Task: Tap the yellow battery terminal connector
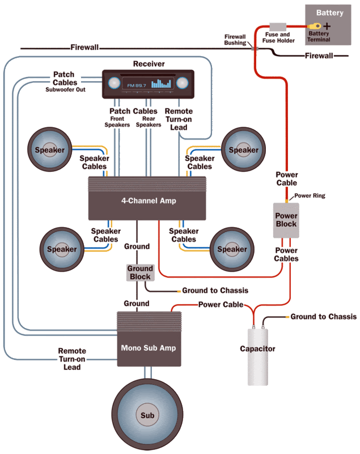pyautogui.click(x=314, y=26)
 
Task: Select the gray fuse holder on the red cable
pyautogui.click(x=278, y=27)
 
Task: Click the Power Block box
pyautogui.click(x=286, y=220)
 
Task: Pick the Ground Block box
pyautogui.click(x=139, y=272)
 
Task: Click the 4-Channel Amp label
pyautogui.click(x=148, y=201)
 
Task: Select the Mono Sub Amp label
pyautogui.click(x=148, y=347)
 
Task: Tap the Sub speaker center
pyautogui.click(x=147, y=415)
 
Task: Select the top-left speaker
pyautogui.click(x=50, y=150)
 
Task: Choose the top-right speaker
pyautogui.click(x=243, y=150)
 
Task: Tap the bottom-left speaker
pyautogui.click(x=62, y=249)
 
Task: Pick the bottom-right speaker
pyautogui.click(x=232, y=249)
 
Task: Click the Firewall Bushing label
pyautogui.click(x=235, y=39)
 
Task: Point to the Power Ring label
pyautogui.click(x=310, y=196)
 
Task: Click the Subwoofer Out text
pyautogui.click(x=65, y=89)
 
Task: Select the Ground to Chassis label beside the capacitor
pyautogui.click(x=323, y=317)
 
